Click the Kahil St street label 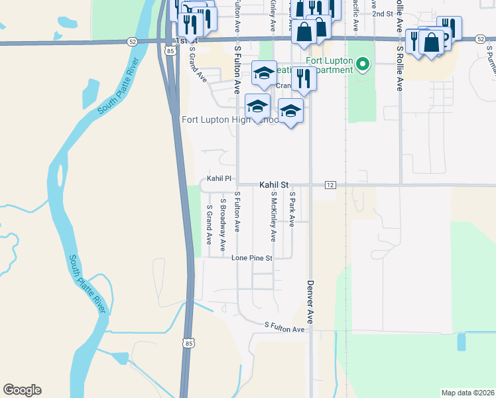(x=275, y=185)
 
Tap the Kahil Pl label (x=219, y=178)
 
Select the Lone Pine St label (x=252, y=257)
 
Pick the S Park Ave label (x=292, y=208)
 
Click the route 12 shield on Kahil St (x=330, y=184)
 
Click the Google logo (x=22, y=390)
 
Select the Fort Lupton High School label (x=230, y=120)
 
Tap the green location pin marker (x=362, y=64)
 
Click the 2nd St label (x=382, y=13)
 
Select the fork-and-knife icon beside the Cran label (x=303, y=78)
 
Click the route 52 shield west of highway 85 (x=133, y=41)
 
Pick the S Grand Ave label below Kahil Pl (x=209, y=225)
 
